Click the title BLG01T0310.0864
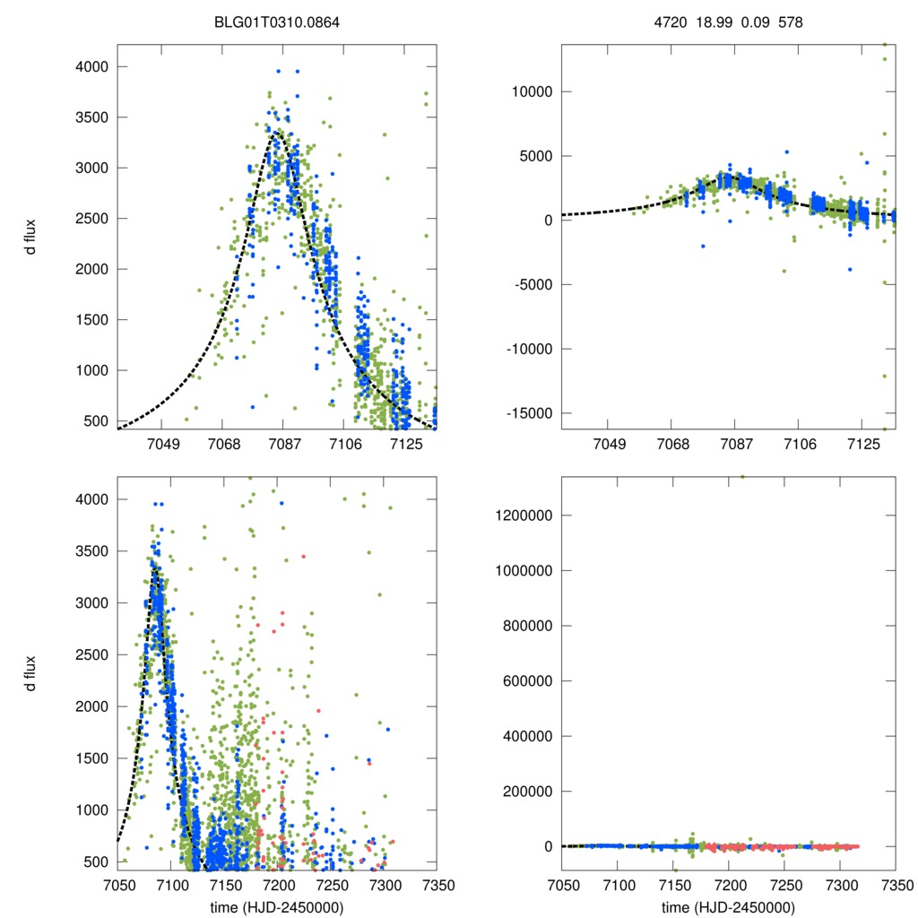276,21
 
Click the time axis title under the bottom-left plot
277,906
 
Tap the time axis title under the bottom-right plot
728,906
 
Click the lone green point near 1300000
742,477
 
